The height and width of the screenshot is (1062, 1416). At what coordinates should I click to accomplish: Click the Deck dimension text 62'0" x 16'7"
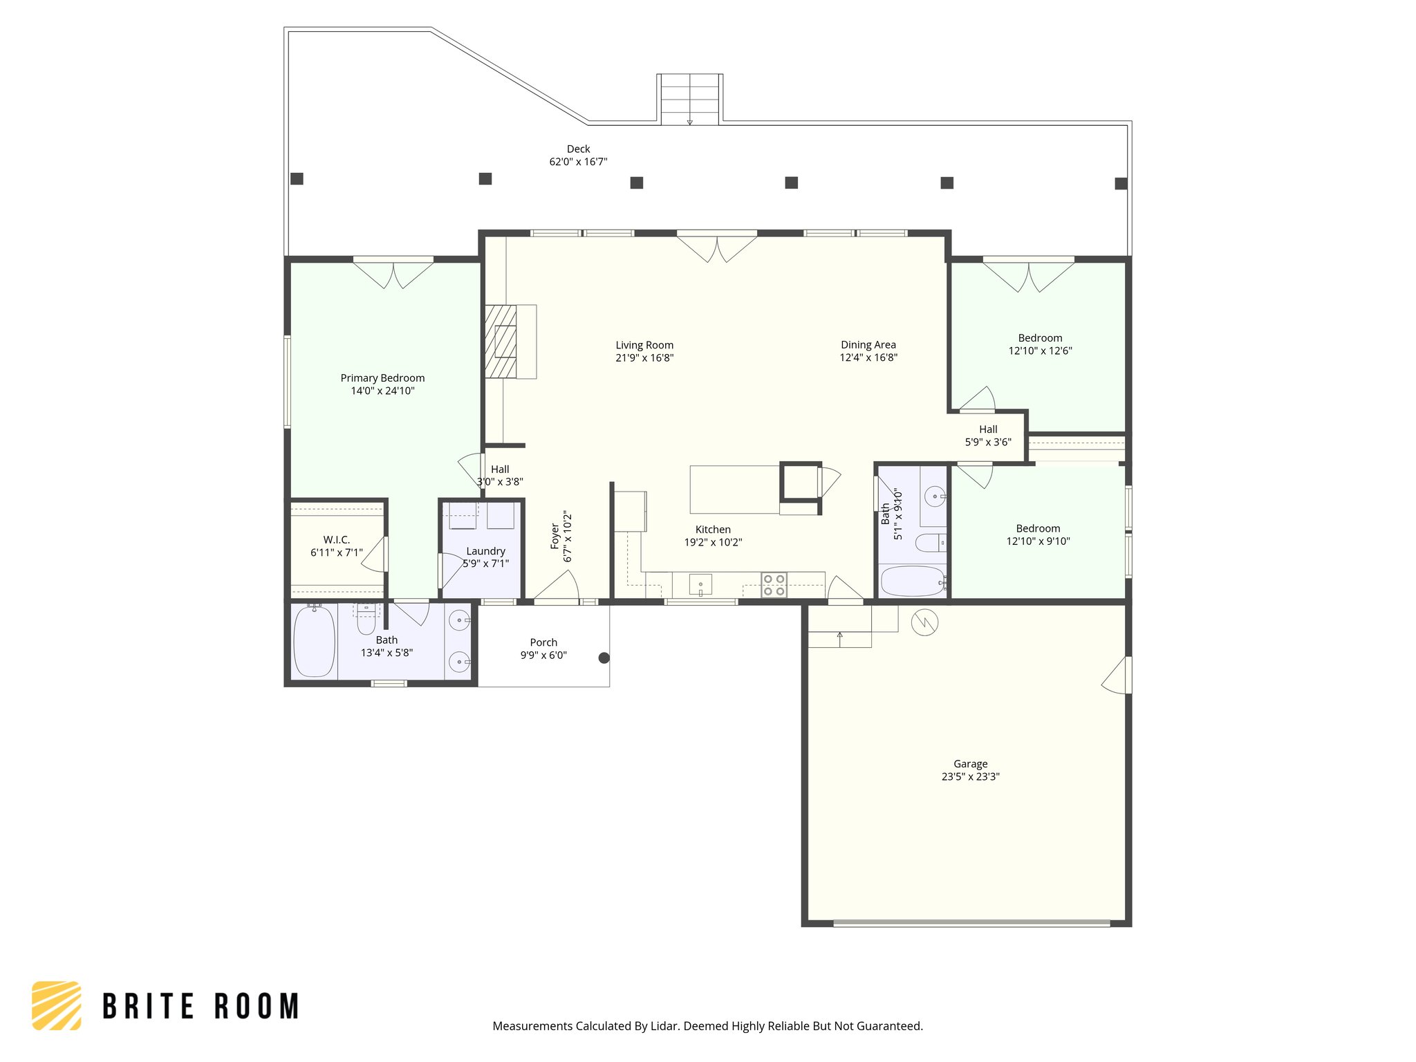pyautogui.click(x=578, y=162)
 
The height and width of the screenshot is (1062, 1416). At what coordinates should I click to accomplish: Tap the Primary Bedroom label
pyautogui.click(x=382, y=378)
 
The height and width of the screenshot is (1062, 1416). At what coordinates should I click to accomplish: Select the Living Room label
pyautogui.click(x=644, y=345)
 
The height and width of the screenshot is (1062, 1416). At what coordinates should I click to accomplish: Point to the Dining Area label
pyautogui.click(x=868, y=344)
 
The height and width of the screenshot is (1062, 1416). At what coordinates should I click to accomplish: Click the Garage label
pyautogui.click(x=970, y=764)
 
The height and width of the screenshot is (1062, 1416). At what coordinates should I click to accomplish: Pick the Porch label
pyautogui.click(x=543, y=642)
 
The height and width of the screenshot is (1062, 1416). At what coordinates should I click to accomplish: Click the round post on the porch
pyautogui.click(x=604, y=658)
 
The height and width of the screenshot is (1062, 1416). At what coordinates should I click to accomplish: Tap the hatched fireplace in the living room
pyautogui.click(x=501, y=342)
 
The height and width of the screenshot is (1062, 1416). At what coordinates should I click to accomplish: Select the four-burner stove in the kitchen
pyautogui.click(x=774, y=585)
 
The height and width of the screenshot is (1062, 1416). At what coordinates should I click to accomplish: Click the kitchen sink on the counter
pyautogui.click(x=700, y=585)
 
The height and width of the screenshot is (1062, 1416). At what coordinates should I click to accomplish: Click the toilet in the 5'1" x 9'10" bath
pyautogui.click(x=930, y=543)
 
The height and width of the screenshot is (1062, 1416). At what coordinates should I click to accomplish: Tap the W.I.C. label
pyautogui.click(x=337, y=540)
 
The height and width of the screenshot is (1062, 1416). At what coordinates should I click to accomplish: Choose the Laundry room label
pyautogui.click(x=485, y=551)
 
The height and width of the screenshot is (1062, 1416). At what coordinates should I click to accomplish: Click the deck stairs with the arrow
pyautogui.click(x=689, y=100)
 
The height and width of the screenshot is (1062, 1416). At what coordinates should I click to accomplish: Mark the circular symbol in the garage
pyautogui.click(x=924, y=622)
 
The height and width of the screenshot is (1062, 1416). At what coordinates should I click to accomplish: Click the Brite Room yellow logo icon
pyautogui.click(x=57, y=1005)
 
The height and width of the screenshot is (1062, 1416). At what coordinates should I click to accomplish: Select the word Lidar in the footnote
pyautogui.click(x=664, y=1026)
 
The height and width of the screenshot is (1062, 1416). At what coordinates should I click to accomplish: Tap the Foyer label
pyautogui.click(x=555, y=537)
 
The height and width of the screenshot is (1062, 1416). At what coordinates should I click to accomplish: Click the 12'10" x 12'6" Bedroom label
pyautogui.click(x=1040, y=338)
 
